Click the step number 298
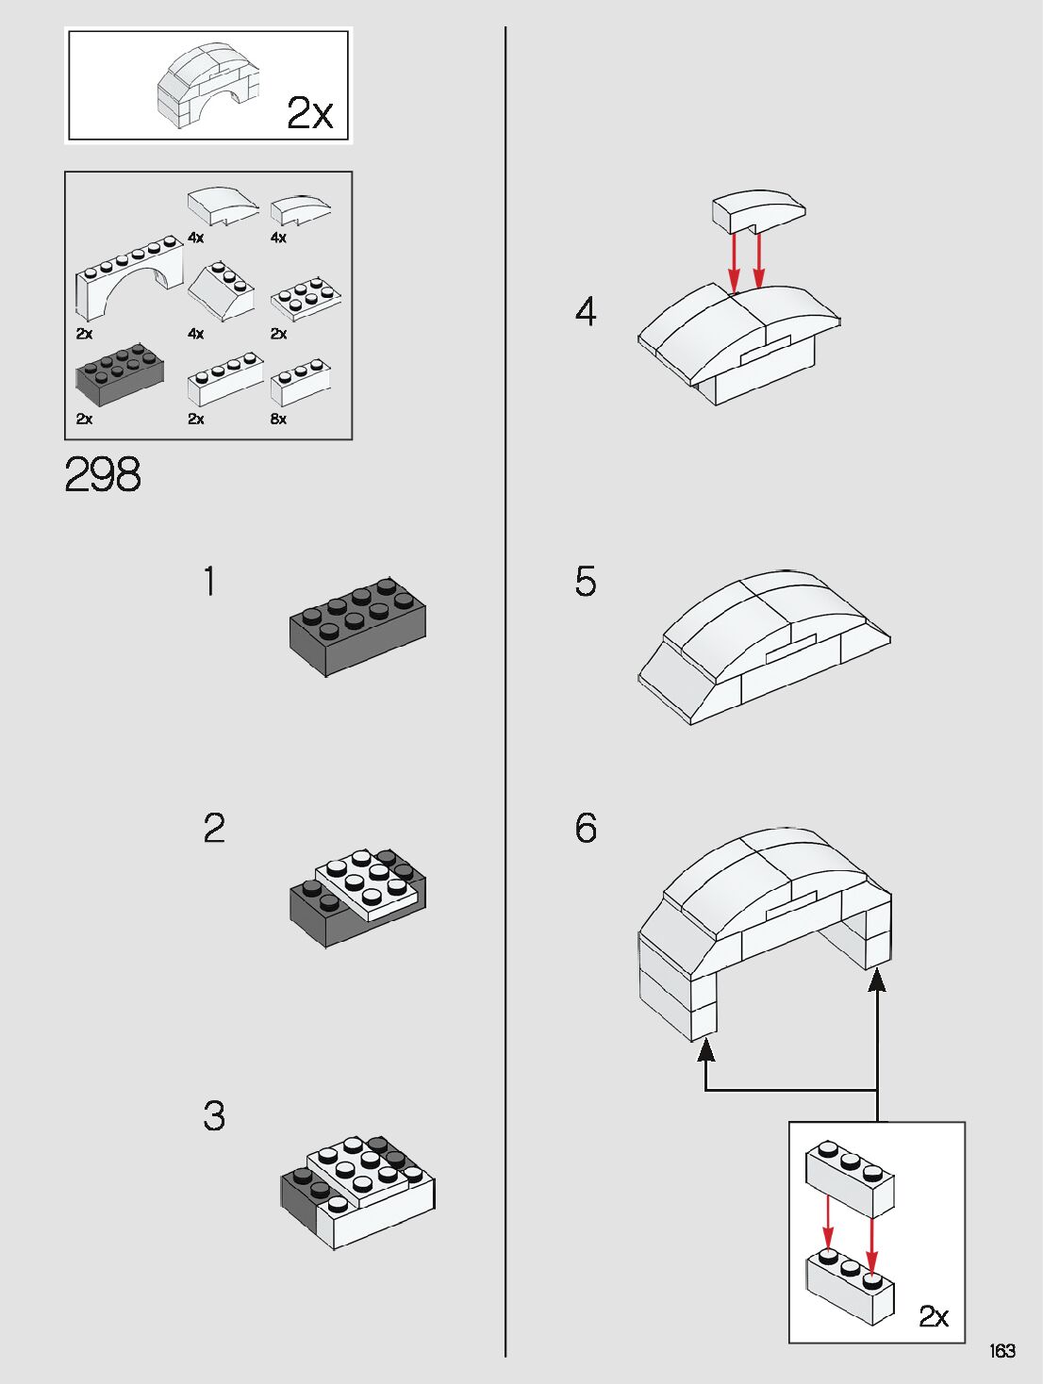click(x=103, y=473)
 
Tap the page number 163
click(x=1002, y=1351)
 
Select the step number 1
click(x=210, y=581)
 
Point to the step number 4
click(x=586, y=311)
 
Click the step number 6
click(x=586, y=827)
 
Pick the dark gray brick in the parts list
click(x=120, y=374)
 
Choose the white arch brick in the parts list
click(x=129, y=278)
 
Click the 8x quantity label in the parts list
click(x=278, y=420)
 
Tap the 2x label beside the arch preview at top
click(x=309, y=113)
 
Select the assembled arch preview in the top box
click(x=208, y=86)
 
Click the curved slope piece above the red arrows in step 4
click(x=758, y=211)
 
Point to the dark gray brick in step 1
click(x=357, y=627)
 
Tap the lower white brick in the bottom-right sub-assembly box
click(x=850, y=1287)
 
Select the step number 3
click(x=214, y=1115)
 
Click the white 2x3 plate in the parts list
click(x=306, y=298)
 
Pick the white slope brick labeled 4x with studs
click(x=221, y=291)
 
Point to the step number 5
click(x=586, y=581)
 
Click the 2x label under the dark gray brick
click(x=84, y=420)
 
